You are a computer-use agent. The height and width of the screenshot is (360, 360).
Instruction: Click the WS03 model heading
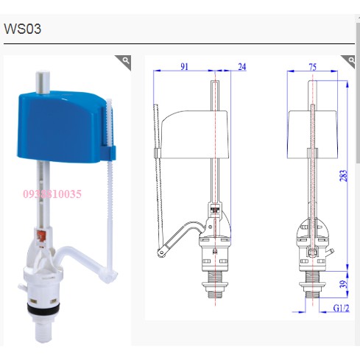coord(22,29)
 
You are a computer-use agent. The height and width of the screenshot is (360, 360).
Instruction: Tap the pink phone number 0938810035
coord(52,194)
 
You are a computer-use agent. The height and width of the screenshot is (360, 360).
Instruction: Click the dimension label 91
coord(184,66)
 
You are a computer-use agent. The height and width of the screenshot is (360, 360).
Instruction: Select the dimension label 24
coord(242,67)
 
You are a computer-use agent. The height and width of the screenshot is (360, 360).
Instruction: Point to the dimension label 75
coord(313,67)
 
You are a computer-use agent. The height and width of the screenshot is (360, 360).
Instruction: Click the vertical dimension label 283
coord(344,176)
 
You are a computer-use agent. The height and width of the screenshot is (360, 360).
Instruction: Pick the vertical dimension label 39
coord(344,284)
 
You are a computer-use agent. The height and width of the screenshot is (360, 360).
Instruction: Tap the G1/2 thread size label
coord(341,308)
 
